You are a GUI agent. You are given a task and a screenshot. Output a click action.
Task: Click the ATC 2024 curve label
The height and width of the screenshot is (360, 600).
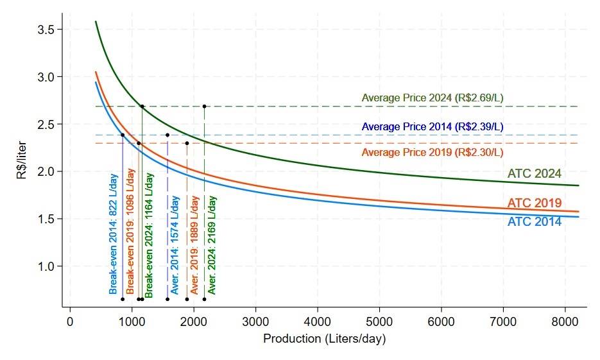(x=534, y=174)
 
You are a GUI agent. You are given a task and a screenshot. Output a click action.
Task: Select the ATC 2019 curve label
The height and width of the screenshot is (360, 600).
(x=534, y=203)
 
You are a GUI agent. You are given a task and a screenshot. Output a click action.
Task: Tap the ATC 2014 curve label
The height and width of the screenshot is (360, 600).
(x=534, y=222)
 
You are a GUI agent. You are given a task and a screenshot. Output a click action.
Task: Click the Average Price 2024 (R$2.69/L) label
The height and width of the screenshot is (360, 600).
(x=432, y=98)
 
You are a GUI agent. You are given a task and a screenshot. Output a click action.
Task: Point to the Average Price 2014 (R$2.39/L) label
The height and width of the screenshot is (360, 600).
(x=432, y=127)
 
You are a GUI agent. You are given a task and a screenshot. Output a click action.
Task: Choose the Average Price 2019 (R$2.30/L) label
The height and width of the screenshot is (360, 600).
(x=432, y=153)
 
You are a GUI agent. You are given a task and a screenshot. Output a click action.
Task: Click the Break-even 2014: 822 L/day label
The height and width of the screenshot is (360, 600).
(x=114, y=234)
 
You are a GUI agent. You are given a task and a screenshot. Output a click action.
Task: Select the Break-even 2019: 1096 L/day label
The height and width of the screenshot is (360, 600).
(x=130, y=234)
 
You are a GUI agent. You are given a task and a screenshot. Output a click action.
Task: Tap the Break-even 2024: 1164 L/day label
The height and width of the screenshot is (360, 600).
(x=148, y=234)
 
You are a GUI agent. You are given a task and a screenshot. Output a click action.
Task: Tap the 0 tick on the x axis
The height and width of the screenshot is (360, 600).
(x=70, y=321)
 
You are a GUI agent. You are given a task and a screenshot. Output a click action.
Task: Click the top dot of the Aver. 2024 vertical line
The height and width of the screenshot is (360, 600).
(x=204, y=107)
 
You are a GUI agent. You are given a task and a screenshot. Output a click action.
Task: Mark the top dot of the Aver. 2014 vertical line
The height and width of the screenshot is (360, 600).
(x=167, y=135)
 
